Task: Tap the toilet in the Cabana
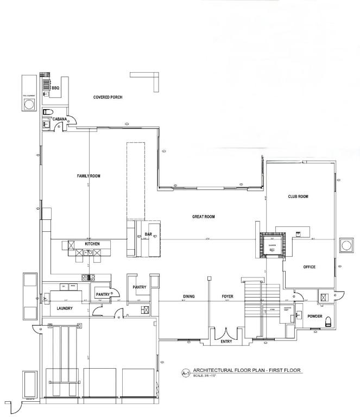click(x=47, y=112)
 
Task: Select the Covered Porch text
click(x=108, y=97)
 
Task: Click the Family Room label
click(x=89, y=175)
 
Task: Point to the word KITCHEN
click(x=92, y=244)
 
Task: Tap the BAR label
click(x=148, y=235)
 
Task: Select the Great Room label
click(x=204, y=217)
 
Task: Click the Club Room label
click(x=298, y=197)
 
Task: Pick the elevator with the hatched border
click(x=272, y=245)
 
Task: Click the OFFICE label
click(x=309, y=267)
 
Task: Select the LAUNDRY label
click(x=65, y=308)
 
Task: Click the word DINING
click(x=188, y=296)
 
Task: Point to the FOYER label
click(x=228, y=296)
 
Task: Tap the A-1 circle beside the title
click(x=185, y=373)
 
